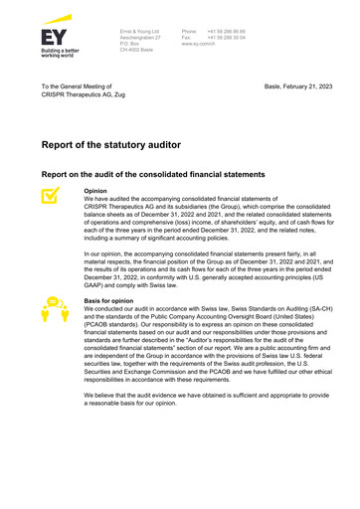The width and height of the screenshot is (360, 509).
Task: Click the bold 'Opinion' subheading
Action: pos(95,190)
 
